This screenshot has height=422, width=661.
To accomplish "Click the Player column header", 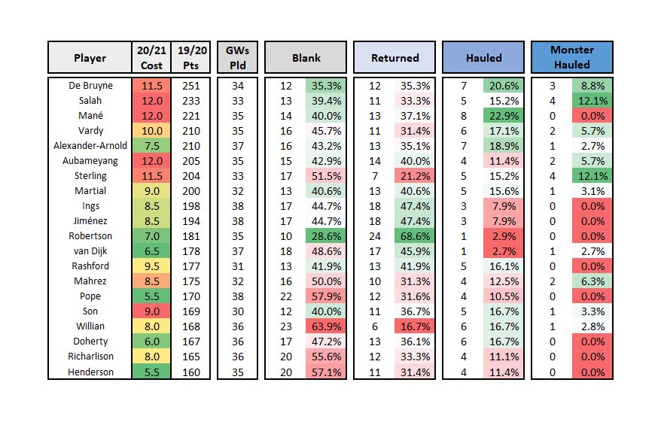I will click(90, 58).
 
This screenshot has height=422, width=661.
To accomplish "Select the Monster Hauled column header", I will click(572, 58).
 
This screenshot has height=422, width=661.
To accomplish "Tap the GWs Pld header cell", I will click(237, 58).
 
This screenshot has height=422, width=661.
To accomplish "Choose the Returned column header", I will click(394, 58).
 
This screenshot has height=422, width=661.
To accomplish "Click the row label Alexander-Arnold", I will click(90, 146).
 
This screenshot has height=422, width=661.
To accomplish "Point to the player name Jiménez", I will click(90, 221).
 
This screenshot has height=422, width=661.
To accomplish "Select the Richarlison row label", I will click(90, 357).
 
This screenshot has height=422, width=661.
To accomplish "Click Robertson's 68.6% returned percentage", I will click(414, 236).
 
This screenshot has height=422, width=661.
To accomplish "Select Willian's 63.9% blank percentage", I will click(326, 326).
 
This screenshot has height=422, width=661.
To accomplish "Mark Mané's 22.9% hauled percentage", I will click(502, 116).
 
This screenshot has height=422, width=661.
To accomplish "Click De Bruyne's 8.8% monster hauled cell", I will click(592, 86).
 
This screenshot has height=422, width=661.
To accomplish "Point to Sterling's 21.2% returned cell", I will click(414, 176).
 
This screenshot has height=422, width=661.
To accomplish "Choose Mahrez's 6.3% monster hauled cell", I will click(592, 281).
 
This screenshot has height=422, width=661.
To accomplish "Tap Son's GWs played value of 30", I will click(237, 311).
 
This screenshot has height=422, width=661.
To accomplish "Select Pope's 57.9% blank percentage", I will click(326, 296).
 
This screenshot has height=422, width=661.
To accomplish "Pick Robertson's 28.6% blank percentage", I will click(326, 236).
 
